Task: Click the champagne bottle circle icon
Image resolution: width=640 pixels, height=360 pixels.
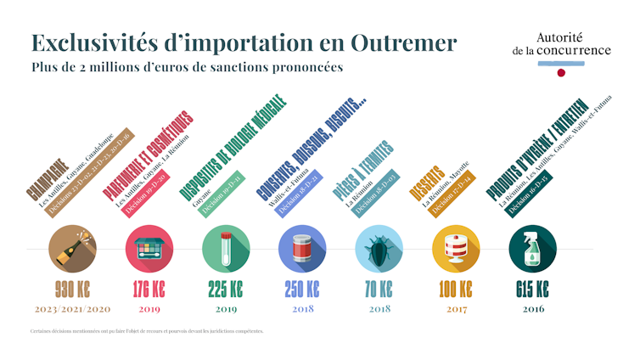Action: coord(72,249)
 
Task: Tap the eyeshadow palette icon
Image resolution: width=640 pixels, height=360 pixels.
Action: coord(149,249)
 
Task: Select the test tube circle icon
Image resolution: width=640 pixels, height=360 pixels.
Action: coord(226,249)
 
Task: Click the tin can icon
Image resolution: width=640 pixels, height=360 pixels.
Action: coord(302,249)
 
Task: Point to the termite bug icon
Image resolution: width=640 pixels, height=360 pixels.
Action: coord(379,249)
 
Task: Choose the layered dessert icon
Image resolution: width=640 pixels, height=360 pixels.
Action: coord(456,249)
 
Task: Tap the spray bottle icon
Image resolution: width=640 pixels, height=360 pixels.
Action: coord(532,249)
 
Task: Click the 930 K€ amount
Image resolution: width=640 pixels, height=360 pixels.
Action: coord(72,289)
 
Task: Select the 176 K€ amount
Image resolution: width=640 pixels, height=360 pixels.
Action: coord(149,289)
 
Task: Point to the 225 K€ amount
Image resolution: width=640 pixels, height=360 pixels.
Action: coord(226,289)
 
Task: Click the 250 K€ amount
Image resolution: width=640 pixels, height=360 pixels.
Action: coord(302,289)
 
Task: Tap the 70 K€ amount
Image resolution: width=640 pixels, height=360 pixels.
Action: coord(379,289)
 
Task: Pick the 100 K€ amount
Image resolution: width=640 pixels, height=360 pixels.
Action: coord(456,289)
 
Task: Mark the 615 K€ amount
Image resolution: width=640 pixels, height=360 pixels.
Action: coord(532,289)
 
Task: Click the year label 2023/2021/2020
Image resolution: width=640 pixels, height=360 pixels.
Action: coord(72,308)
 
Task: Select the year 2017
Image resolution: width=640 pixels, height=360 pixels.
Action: coord(456,308)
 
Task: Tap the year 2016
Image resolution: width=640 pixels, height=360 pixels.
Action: coord(532,308)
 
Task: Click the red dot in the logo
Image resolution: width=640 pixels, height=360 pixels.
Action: coord(561,73)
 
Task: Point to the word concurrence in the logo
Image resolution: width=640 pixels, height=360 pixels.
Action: coord(573,50)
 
